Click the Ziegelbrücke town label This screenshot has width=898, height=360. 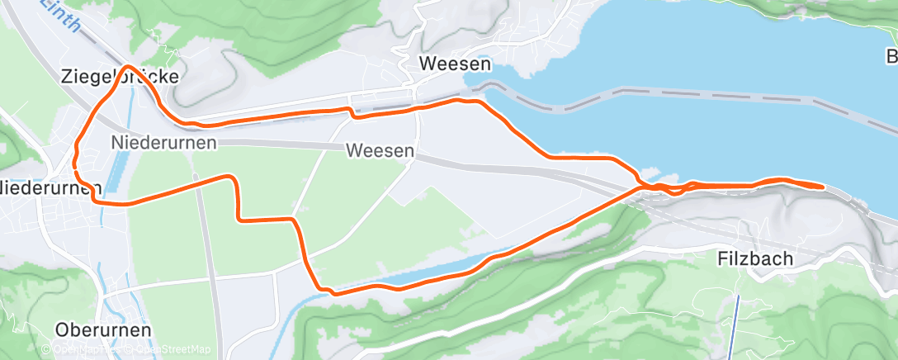(120, 77)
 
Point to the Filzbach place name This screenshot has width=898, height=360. (754, 258)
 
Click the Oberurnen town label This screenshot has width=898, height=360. (102, 329)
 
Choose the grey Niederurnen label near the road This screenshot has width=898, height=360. (163, 143)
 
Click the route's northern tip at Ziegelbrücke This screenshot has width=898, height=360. (128, 66)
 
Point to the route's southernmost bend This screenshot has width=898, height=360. (330, 291)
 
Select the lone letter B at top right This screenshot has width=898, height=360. (891, 57)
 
